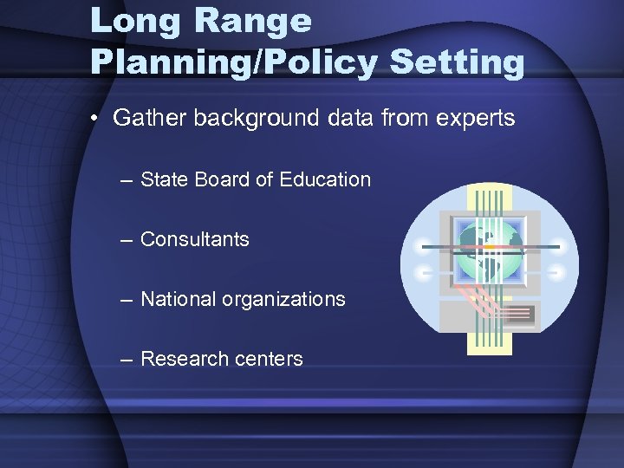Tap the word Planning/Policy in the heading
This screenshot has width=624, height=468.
(234, 63)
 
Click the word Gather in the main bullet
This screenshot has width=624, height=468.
(149, 118)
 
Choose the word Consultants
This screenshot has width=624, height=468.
(194, 239)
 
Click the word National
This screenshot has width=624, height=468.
(178, 299)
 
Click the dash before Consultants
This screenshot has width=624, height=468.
(127, 240)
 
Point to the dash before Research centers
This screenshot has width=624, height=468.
(127, 360)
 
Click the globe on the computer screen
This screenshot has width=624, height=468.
(490, 250)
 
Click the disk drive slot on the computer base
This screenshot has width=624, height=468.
(520, 313)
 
